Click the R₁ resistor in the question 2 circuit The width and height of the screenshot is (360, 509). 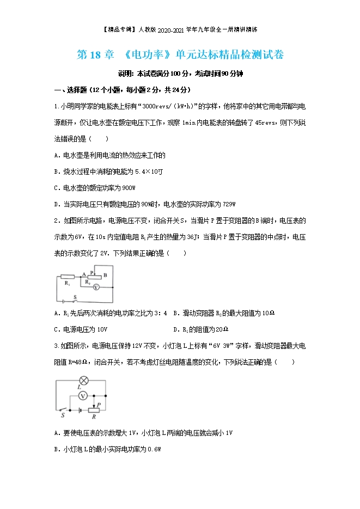[67, 277]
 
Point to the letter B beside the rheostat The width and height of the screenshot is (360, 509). [105, 275]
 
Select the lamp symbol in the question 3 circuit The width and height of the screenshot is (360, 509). [84, 379]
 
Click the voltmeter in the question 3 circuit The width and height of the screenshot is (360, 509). [83, 394]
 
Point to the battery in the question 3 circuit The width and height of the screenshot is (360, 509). [80, 409]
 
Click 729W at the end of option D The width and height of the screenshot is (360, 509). [229, 204]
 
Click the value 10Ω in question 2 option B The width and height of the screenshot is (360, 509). [265, 313]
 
